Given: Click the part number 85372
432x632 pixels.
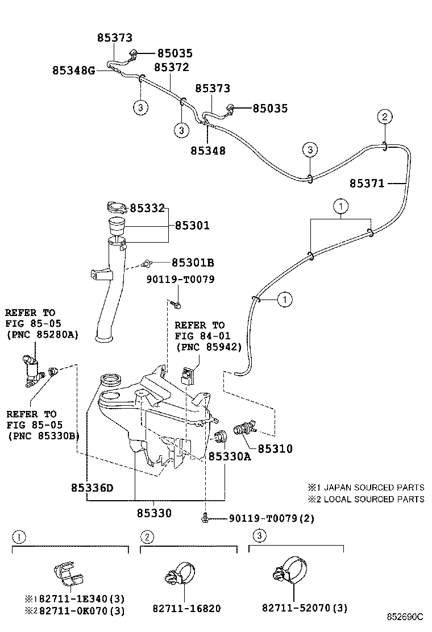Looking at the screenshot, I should (x=171, y=67).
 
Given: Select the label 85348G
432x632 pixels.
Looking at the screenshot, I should (x=73, y=70).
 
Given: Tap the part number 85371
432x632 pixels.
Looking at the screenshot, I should (x=367, y=183).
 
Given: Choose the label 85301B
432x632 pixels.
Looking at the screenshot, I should (x=193, y=263).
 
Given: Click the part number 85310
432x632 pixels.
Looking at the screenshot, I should (x=275, y=449).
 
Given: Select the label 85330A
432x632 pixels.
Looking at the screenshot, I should (x=229, y=456).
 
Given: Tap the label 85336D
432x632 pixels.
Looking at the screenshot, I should (x=92, y=488).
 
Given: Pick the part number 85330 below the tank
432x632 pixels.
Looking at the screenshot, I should (x=153, y=513).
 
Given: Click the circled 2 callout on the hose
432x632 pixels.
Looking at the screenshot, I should (x=385, y=118).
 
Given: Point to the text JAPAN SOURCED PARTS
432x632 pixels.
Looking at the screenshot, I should (x=373, y=488).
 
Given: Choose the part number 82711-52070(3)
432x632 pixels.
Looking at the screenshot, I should (x=305, y=608).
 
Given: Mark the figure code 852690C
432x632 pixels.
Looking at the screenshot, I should (x=405, y=617).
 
